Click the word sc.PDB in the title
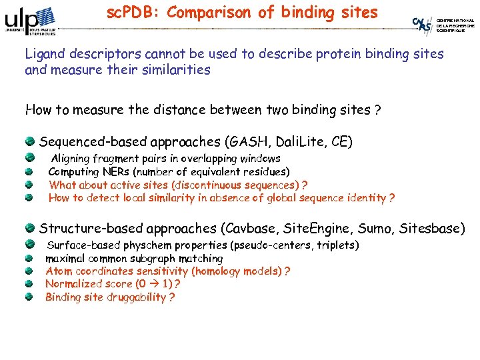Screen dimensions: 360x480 coord(131,12)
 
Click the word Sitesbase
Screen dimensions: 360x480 coord(430,229)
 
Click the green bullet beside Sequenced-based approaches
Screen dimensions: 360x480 coord(31,141)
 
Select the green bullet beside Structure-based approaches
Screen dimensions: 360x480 coord(31,228)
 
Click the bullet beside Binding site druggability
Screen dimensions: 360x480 coord(29,297)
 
